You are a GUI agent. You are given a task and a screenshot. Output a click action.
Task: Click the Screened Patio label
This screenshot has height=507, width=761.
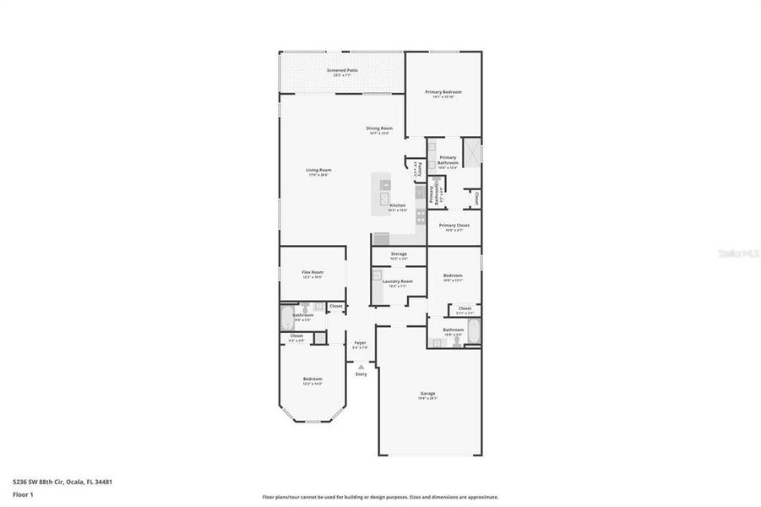342,69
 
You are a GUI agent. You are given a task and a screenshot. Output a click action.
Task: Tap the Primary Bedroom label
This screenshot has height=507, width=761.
443,91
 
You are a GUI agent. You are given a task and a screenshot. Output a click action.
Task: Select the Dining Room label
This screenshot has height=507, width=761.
379,128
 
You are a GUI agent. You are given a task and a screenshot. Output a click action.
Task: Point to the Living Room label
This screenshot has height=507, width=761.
318,170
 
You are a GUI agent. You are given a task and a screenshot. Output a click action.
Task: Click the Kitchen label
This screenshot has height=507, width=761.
397,205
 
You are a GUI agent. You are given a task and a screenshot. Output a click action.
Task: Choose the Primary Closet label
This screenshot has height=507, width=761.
454,226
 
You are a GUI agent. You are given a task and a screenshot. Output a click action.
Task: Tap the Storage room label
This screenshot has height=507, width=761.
399,253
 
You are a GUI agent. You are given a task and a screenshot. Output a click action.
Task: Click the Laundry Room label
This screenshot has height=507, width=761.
397,281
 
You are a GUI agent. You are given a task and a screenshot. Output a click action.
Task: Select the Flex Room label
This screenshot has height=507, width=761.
313,272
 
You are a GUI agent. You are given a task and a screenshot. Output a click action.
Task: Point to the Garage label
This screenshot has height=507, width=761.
428,393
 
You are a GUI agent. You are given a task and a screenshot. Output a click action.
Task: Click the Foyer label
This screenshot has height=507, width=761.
360,343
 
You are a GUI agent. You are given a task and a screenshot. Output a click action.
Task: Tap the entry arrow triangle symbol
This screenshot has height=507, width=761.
361,366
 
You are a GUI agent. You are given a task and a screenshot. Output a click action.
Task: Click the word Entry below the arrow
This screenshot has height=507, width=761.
361,374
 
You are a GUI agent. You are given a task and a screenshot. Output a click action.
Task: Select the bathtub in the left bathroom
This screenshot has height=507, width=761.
285,319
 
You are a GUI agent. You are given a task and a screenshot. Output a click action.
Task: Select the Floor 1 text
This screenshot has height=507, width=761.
24,494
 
